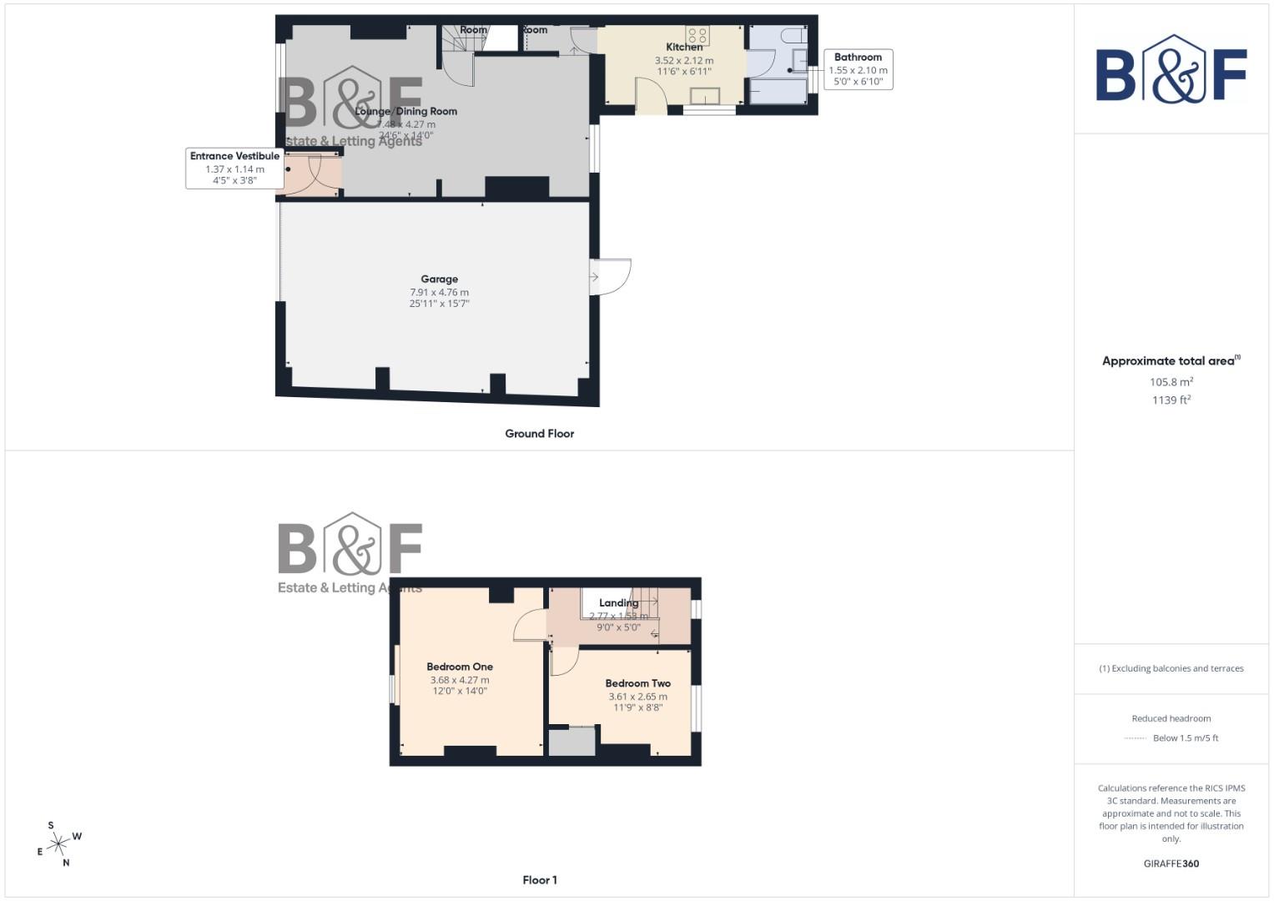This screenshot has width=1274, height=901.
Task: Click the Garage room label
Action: point(439,279)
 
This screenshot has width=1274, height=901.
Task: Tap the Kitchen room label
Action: point(684,48)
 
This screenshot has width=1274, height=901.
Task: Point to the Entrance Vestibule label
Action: point(234,156)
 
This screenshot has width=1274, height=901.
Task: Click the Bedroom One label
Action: point(460,667)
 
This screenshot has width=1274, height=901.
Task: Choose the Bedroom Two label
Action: point(638,683)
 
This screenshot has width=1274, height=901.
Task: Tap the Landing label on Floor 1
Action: point(618,603)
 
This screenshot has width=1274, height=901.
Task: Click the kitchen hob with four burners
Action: point(698,35)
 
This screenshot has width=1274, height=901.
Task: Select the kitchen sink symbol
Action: point(705,95)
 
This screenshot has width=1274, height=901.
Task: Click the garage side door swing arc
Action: point(614,277)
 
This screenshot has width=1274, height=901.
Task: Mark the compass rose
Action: point(58,844)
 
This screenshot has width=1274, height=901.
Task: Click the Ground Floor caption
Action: point(540,434)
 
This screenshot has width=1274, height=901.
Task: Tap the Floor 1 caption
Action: point(540,880)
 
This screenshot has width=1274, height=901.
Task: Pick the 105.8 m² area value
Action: point(1171,382)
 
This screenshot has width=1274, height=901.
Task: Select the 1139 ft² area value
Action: point(1171,400)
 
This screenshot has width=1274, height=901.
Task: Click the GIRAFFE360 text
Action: point(1171,863)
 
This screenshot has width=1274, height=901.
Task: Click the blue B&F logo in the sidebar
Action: point(1171,71)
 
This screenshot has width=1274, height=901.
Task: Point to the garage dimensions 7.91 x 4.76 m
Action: point(439,293)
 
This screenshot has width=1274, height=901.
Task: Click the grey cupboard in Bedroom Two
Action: point(572,742)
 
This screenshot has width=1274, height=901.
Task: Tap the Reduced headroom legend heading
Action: point(1171,718)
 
